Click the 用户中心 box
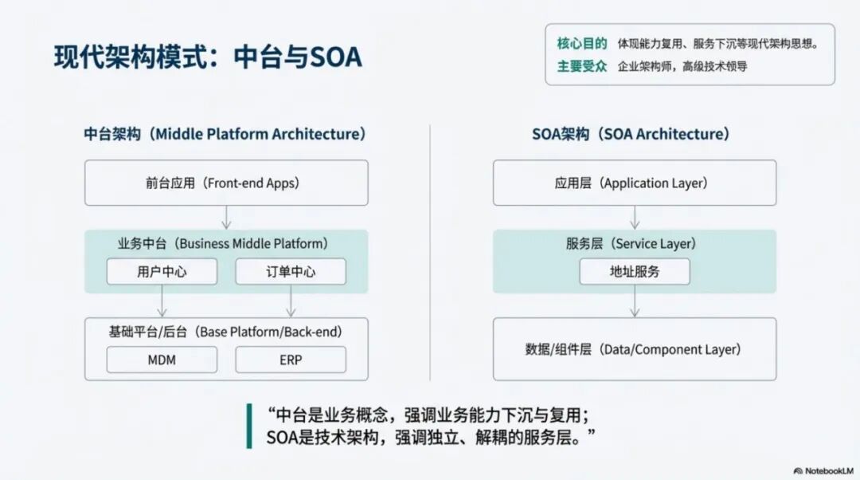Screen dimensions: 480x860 coord(162,272)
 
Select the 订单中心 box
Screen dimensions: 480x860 coord(291,272)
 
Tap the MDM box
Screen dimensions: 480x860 coord(162,360)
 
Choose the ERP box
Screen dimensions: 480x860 coord(291,360)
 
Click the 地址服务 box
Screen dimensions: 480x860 coord(635,272)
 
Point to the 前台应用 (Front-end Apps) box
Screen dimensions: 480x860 coord(226,183)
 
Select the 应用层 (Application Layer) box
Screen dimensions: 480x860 coord(635,183)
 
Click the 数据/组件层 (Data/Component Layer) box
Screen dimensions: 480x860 coord(635,349)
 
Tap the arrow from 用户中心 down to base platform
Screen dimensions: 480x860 coord(162,301)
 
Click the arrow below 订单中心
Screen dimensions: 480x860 coord(291,301)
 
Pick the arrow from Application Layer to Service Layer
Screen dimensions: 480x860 coord(635,217)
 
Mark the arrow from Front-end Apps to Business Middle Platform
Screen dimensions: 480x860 coord(226,217)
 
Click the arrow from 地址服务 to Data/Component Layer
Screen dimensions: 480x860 coord(635,301)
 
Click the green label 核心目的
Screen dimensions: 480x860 coord(582,43)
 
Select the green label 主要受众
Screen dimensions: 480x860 coord(582,66)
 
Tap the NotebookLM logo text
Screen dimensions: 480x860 coord(825,470)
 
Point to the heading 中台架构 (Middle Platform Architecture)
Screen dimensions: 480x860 coord(225,134)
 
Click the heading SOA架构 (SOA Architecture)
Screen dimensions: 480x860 coord(631,134)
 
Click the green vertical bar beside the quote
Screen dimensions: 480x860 coord(249,426)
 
